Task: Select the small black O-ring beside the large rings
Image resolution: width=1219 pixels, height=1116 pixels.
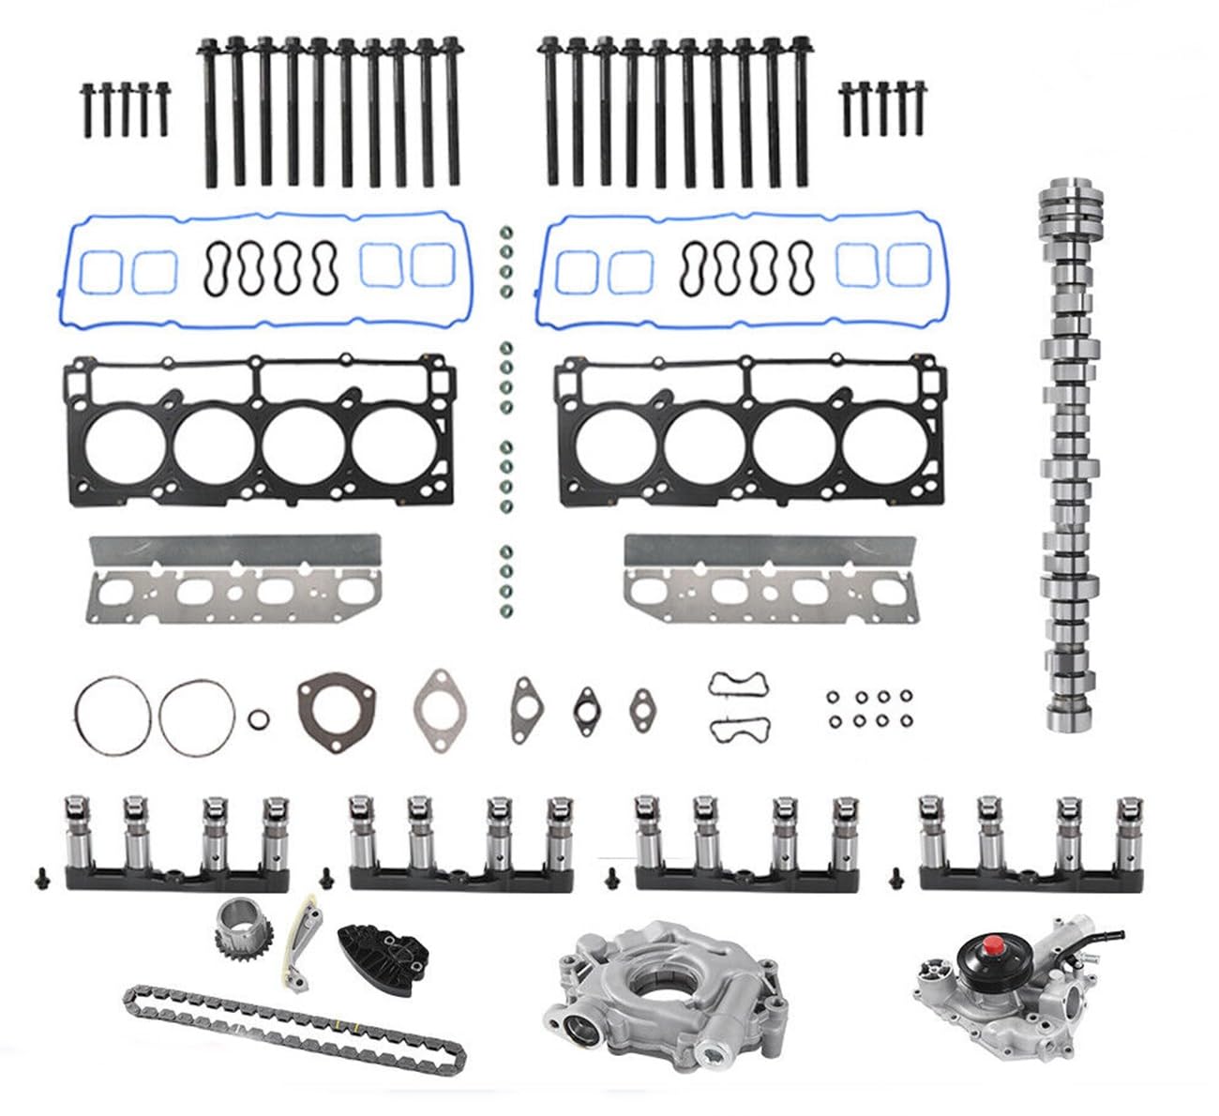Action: tap(259, 719)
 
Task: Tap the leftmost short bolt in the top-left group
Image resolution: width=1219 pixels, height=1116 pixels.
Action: tap(87, 110)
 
